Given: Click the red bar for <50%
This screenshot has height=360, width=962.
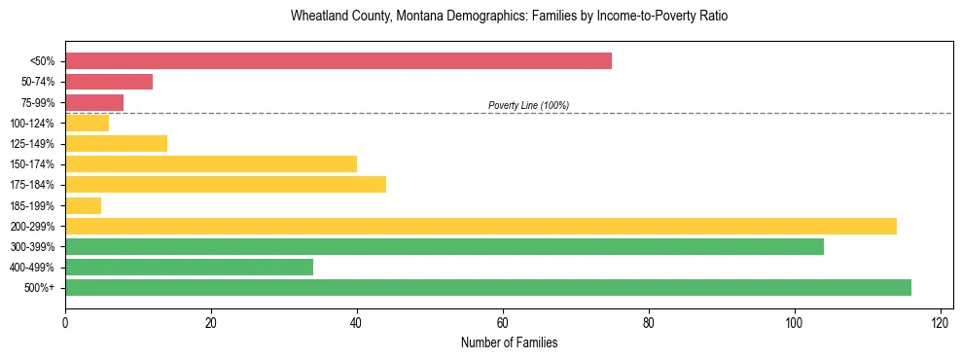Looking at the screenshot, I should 338,61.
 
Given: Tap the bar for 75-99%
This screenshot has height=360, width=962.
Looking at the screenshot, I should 94,102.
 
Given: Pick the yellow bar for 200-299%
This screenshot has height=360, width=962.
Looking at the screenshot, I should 481,226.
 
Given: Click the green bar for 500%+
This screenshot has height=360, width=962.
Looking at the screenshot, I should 488,287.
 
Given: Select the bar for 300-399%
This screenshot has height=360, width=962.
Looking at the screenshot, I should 445,246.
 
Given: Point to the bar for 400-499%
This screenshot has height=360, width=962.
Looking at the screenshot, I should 189,267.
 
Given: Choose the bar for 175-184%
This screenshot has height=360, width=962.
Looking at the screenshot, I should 226,185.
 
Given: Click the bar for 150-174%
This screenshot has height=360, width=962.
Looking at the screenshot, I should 211,164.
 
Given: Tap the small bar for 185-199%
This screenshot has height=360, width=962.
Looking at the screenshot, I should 84,205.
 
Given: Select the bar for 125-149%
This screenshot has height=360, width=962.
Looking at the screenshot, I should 116,144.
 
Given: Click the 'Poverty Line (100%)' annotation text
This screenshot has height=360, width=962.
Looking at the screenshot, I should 528,105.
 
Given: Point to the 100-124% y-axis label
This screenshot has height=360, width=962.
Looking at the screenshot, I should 33,124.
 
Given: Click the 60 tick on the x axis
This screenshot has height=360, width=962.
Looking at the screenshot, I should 503,322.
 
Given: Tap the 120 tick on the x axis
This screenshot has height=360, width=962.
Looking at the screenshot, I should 941,322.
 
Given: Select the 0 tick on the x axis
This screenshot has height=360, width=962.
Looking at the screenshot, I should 65,322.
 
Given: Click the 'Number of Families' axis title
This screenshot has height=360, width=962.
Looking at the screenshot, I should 509,342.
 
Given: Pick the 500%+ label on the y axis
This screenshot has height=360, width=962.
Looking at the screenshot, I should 40,288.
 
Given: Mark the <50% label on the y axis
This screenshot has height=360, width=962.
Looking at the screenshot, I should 43,62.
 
